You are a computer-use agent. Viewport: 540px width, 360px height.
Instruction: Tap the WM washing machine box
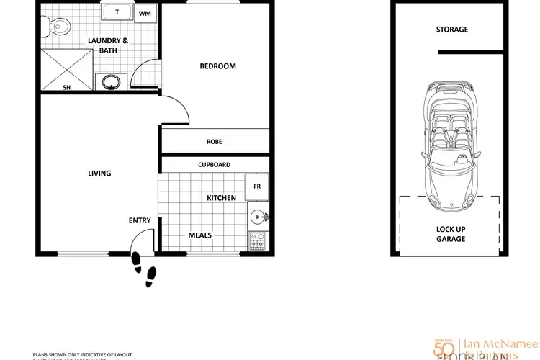tap(145, 13)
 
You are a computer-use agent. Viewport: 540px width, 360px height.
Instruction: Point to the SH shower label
tap(67, 88)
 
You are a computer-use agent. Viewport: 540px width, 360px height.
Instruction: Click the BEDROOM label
tap(217, 66)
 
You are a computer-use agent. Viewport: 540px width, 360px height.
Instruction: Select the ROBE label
tap(214, 142)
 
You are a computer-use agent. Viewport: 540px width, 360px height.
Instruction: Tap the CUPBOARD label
tap(214, 164)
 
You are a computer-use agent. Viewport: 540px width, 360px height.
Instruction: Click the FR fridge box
tap(256, 186)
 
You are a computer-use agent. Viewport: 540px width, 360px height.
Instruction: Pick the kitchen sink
tap(257, 215)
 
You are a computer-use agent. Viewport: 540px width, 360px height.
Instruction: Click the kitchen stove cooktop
tap(257, 241)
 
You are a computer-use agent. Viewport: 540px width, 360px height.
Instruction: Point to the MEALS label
tap(199, 235)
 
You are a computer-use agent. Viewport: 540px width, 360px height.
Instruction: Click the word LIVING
tap(99, 173)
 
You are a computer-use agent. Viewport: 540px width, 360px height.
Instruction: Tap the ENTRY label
tap(140, 220)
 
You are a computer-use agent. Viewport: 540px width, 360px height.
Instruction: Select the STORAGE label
tap(451, 30)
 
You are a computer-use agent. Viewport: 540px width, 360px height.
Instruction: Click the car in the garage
tap(451, 148)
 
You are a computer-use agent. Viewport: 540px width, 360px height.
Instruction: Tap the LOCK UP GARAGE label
tap(451, 233)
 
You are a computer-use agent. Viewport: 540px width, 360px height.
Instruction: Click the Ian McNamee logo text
tap(497, 343)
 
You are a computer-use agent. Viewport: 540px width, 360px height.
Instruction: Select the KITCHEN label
tap(221, 198)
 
